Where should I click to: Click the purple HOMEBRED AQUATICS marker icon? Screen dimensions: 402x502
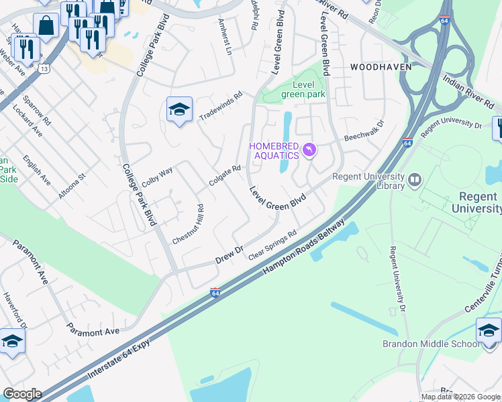click(309, 149)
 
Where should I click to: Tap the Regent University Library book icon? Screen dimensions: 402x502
click(414, 180)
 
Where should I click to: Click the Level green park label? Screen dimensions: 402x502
click(303, 89)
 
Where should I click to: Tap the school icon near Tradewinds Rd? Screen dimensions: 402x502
click(179, 110)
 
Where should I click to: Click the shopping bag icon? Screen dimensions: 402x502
click(46, 27)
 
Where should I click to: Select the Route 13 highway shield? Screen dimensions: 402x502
click(44, 68)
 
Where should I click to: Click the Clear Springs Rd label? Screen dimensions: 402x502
click(272, 246)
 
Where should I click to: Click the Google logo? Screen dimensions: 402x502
click(22, 394)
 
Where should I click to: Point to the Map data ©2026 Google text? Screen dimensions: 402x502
click(460, 397)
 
